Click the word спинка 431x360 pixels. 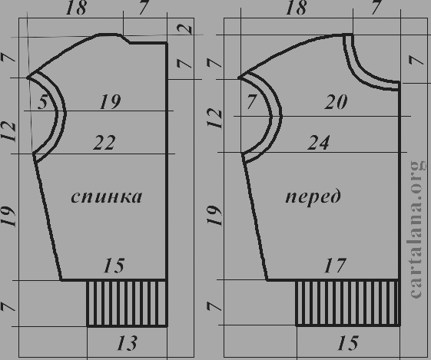click(107, 197)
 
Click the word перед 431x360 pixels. click(313, 197)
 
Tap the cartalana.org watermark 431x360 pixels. click(419, 229)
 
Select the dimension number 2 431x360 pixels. click(185, 29)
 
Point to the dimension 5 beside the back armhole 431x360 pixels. click(43, 102)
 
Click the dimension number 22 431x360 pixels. click(104, 143)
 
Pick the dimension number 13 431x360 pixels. click(127, 342)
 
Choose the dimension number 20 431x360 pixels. click(336, 102)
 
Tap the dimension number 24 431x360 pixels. click(318, 143)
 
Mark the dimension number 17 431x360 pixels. click(335, 266)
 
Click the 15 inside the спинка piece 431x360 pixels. click(114, 266)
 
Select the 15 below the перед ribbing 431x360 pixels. click(348, 342)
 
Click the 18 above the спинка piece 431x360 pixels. click(76, 8)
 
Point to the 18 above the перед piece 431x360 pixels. click(296, 8)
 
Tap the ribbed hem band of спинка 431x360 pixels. click(127, 303)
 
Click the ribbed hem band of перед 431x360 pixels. click(348, 303)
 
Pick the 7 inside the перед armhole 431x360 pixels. click(252, 101)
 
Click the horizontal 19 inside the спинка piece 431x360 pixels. click(110, 102)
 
